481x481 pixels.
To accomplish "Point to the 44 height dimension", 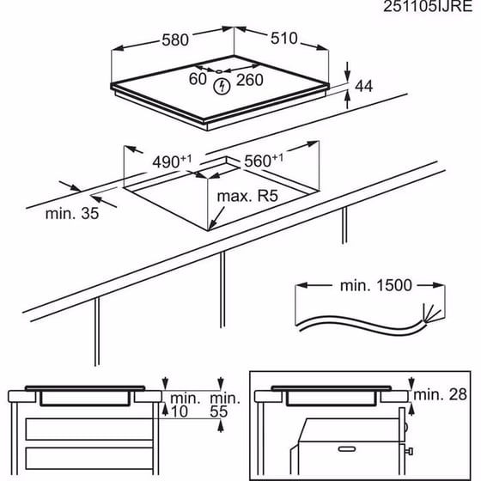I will click(x=365, y=86).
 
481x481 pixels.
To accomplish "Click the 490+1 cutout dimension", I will click(x=173, y=161).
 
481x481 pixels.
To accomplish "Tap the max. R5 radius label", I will click(x=249, y=197).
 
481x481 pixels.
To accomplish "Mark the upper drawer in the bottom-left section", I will click(x=82, y=429).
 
